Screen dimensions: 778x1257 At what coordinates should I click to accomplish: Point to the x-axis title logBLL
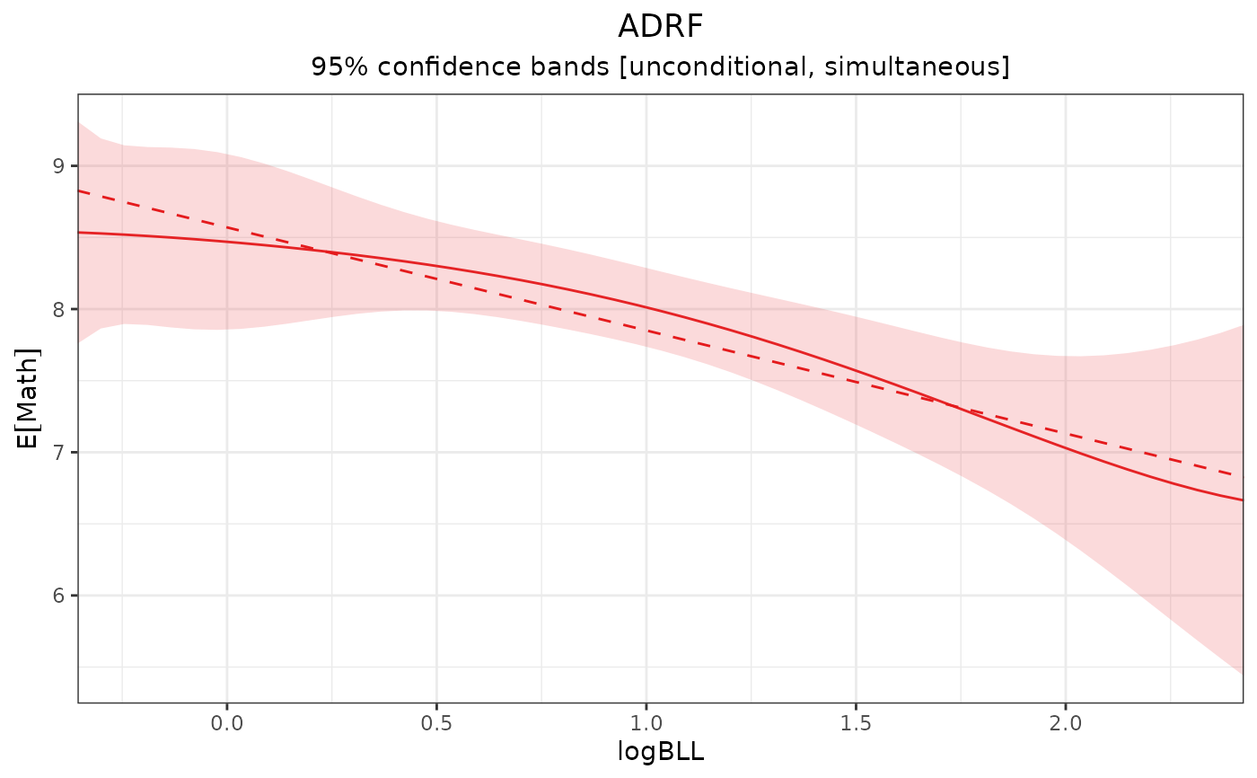click(x=660, y=752)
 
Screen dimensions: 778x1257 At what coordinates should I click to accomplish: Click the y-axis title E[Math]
click(x=29, y=398)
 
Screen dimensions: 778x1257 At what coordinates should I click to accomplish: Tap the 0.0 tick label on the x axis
click(x=227, y=721)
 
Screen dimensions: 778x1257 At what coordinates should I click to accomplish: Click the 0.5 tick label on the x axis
click(x=436, y=721)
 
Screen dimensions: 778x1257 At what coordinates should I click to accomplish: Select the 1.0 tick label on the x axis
click(x=646, y=721)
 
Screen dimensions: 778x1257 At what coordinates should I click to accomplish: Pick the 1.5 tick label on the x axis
click(x=856, y=721)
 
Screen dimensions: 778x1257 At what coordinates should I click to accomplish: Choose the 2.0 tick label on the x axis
click(x=1065, y=721)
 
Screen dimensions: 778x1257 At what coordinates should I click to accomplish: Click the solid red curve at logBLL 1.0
click(x=646, y=307)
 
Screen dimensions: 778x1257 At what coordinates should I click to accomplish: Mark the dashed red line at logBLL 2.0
click(x=1065, y=433)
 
